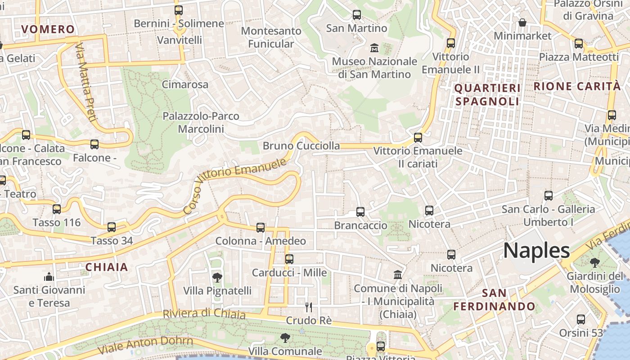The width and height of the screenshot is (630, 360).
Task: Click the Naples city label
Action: click(x=536, y=250)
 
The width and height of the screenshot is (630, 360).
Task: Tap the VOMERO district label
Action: click(x=48, y=30)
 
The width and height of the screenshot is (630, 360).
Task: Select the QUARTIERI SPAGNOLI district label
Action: click(x=487, y=94)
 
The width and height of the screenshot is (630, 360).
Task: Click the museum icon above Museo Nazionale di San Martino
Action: click(x=374, y=48)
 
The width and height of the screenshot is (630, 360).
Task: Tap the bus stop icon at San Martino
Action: click(x=356, y=15)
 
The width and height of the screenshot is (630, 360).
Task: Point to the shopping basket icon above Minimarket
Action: click(x=522, y=22)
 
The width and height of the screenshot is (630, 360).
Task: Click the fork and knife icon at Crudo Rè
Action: click(x=309, y=307)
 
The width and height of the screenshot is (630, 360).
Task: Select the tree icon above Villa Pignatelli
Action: click(x=217, y=277)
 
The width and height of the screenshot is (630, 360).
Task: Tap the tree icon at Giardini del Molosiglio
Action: click(x=594, y=262)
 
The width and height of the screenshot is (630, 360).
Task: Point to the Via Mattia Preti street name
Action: click(x=86, y=82)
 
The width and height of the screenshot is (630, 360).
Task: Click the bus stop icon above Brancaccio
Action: click(x=360, y=212)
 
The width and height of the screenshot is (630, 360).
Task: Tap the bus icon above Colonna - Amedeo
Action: click(x=261, y=228)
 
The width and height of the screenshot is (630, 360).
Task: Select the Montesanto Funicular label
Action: click(x=271, y=37)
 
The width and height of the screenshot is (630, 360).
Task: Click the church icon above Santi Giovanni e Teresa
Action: click(x=49, y=276)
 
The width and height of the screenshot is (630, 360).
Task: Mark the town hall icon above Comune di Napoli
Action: click(x=398, y=274)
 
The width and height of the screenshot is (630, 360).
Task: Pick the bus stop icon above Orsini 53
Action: click(x=581, y=319)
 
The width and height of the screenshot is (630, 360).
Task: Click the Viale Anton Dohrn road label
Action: click(x=146, y=345)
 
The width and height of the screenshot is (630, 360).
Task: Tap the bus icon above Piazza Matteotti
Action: click(x=579, y=44)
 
